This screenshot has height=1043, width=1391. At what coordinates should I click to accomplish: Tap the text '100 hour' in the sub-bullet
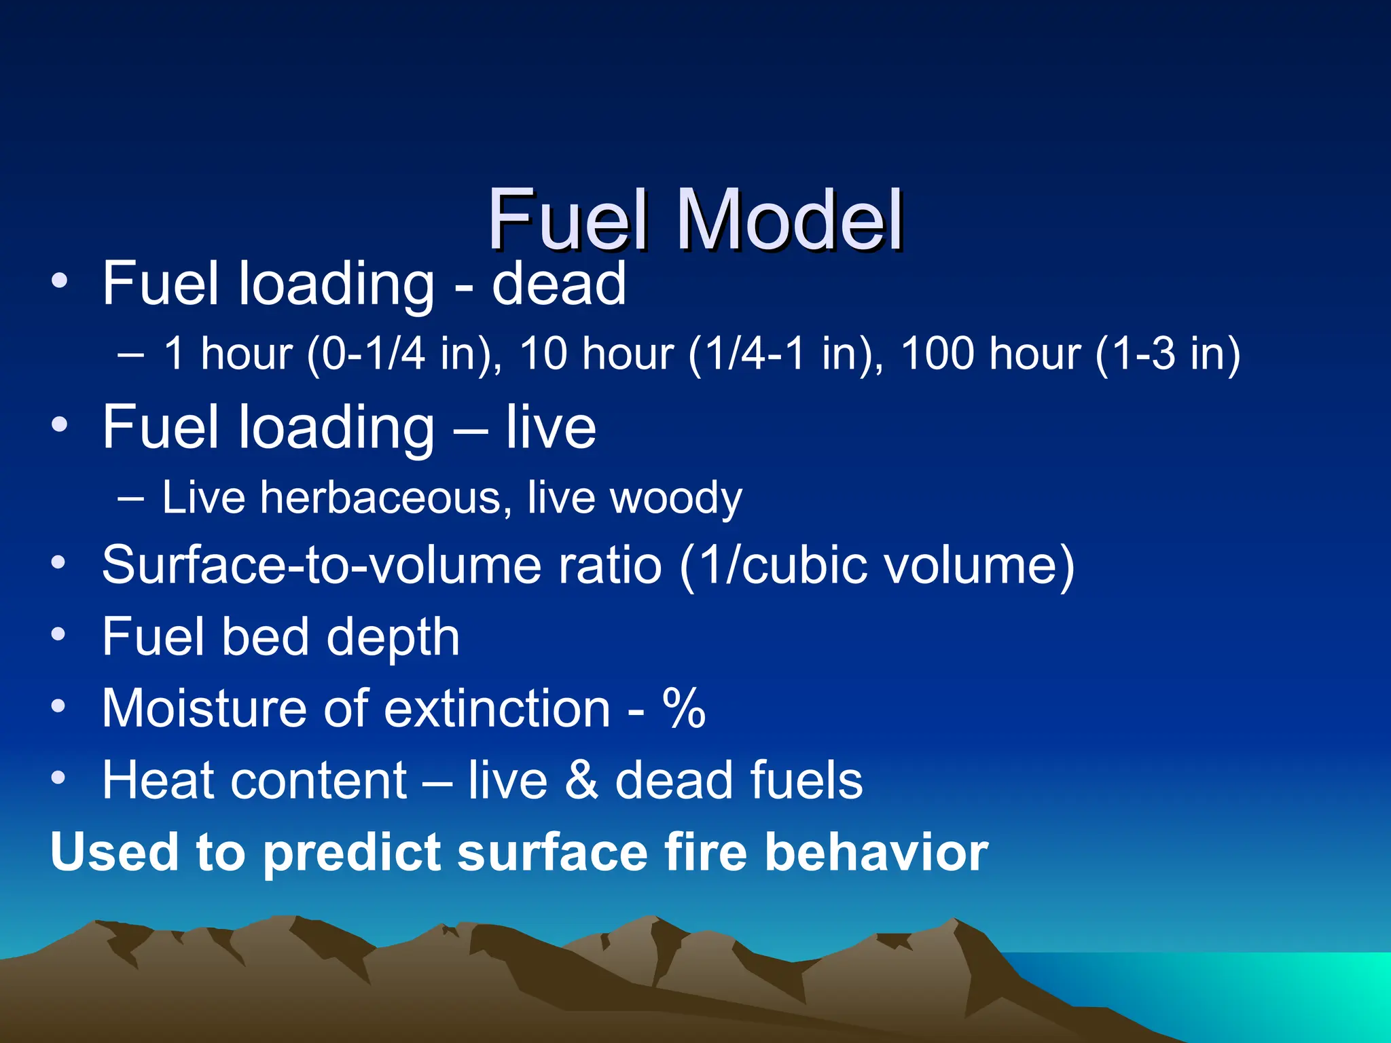click(x=990, y=354)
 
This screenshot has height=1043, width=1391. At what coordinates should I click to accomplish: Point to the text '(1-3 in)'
click(x=1168, y=354)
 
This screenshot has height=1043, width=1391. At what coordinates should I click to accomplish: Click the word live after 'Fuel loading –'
click(x=551, y=427)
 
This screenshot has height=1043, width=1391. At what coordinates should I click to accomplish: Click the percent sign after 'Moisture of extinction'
click(x=684, y=708)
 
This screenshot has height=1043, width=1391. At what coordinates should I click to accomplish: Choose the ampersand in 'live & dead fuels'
click(x=581, y=780)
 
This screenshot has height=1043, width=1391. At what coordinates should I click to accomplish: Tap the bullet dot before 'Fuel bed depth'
click(x=59, y=636)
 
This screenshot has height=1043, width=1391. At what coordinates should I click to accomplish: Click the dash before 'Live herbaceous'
click(x=130, y=498)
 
